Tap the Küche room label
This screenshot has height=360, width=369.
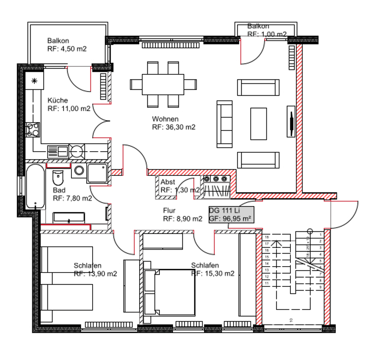click(58, 100)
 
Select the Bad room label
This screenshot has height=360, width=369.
click(59, 190)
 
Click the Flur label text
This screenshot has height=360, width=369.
click(169, 210)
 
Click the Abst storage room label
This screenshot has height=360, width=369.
click(168, 182)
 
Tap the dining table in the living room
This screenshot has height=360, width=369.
click(163, 84)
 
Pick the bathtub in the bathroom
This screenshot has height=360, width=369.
click(35, 186)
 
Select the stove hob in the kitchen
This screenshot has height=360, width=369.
click(33, 129)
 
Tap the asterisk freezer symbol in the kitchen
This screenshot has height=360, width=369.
click(34, 81)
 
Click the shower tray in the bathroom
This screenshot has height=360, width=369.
click(98, 174)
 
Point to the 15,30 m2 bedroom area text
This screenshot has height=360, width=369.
click(212, 273)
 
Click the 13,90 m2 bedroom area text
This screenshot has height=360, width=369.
click(95, 273)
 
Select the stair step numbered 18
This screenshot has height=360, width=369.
click(267, 237)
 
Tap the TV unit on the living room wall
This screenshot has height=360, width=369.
click(291, 121)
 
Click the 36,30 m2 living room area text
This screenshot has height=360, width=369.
click(173, 127)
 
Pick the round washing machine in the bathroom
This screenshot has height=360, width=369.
click(79, 170)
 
